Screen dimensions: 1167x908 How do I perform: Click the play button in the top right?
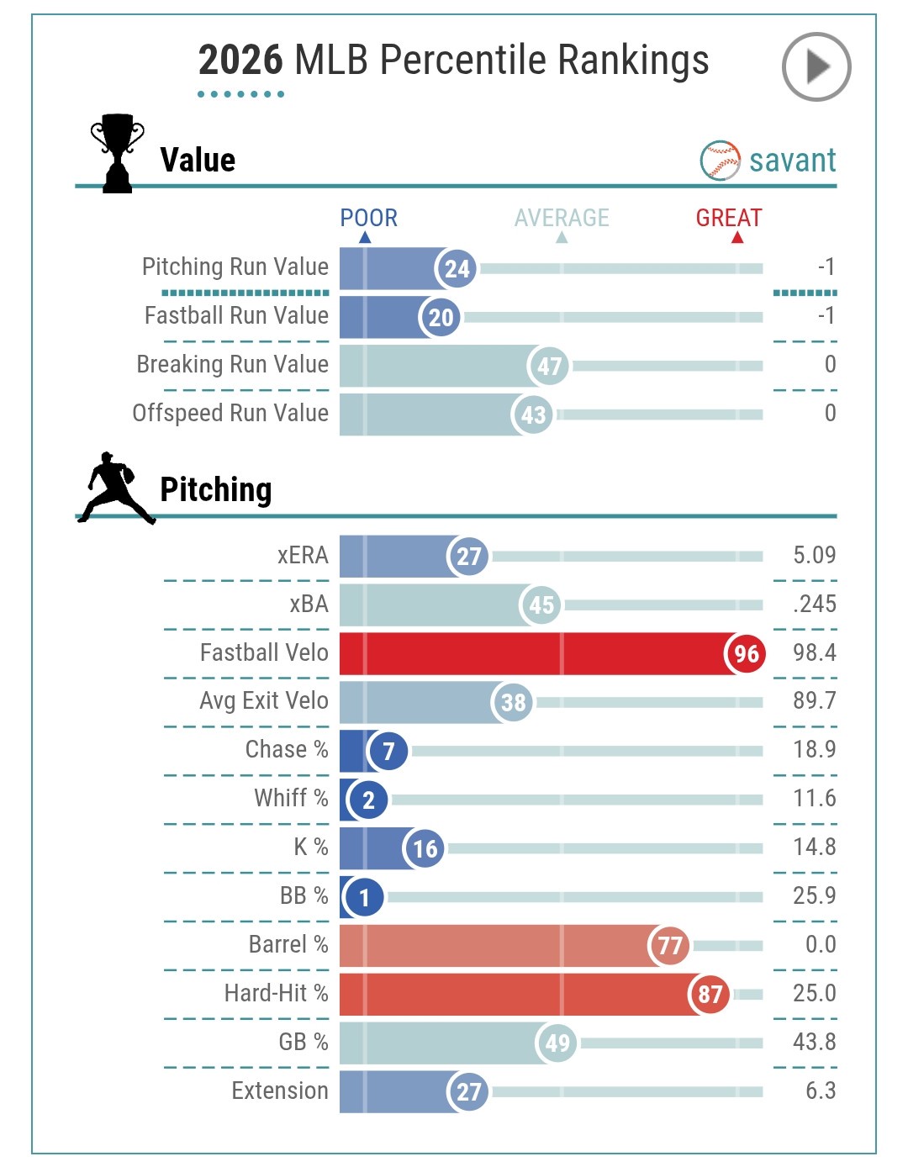tap(816, 67)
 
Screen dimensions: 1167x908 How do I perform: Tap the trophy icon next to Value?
tap(117, 153)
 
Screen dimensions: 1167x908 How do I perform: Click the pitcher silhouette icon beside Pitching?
tap(116, 488)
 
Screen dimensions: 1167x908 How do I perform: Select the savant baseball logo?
tap(720, 161)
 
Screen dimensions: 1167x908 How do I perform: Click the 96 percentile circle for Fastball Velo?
tap(746, 654)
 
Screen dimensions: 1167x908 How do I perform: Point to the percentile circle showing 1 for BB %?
tap(364, 897)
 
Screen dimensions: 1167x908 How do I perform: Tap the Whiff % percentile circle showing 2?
tap(368, 800)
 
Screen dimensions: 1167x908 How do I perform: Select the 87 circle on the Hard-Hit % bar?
tap(710, 995)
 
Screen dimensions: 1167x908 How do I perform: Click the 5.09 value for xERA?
tap(814, 555)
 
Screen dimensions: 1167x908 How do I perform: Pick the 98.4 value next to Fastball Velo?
tap(814, 652)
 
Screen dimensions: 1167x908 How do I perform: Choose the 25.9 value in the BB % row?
tap(814, 895)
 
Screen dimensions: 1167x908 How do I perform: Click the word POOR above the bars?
tap(368, 219)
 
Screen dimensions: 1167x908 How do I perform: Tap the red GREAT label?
tap(728, 219)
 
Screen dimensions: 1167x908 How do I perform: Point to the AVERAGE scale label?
tap(562, 219)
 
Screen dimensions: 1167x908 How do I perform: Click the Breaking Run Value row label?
tap(233, 364)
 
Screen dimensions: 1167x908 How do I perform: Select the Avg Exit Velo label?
tap(264, 700)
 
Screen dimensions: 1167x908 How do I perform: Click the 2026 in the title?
tap(240, 61)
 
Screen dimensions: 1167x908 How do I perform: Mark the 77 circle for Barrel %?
tap(669, 946)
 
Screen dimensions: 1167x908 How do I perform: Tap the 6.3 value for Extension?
tap(821, 1090)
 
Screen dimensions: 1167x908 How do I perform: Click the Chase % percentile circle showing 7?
tap(388, 751)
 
